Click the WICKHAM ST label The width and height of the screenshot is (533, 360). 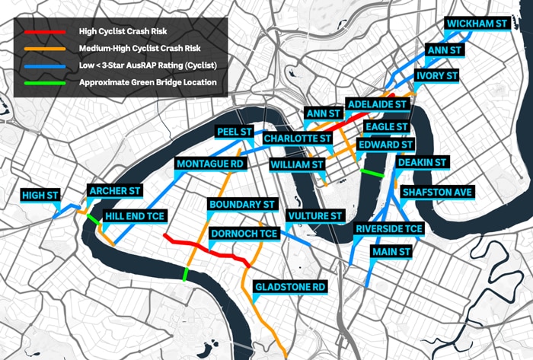tap(477, 24)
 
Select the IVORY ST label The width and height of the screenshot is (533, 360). tap(436, 77)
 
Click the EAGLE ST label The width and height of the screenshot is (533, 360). tap(386, 126)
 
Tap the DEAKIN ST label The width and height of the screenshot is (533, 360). tap(423, 162)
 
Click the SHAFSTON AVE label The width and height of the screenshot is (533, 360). tap(438, 193)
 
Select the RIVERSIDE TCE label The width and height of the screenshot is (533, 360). tap(388, 228)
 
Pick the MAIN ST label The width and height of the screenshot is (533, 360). tap(391, 251)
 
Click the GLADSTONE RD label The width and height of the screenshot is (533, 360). tap(289, 287)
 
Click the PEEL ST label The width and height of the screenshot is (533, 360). tap(235, 132)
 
